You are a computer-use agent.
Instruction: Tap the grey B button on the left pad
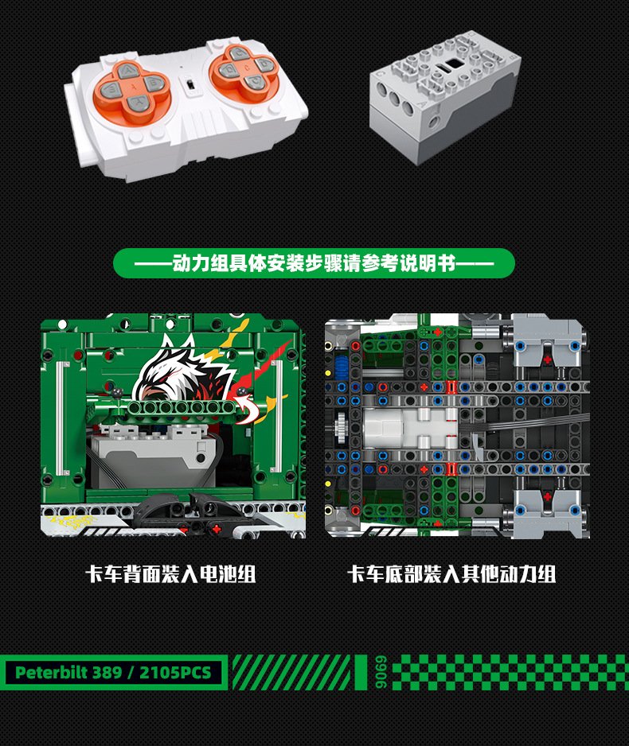[x=154, y=83]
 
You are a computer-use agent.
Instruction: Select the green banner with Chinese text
[x=314, y=263]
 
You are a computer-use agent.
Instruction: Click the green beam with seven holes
[x=181, y=407]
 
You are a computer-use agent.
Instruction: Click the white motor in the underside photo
[x=411, y=427]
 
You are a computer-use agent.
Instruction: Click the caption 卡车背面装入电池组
[x=170, y=574]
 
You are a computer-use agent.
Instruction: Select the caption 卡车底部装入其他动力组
[x=452, y=574]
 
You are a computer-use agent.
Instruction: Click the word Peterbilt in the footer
[x=52, y=672]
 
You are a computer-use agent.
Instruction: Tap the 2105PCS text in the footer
[x=175, y=672]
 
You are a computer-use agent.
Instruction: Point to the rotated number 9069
[x=381, y=672]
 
